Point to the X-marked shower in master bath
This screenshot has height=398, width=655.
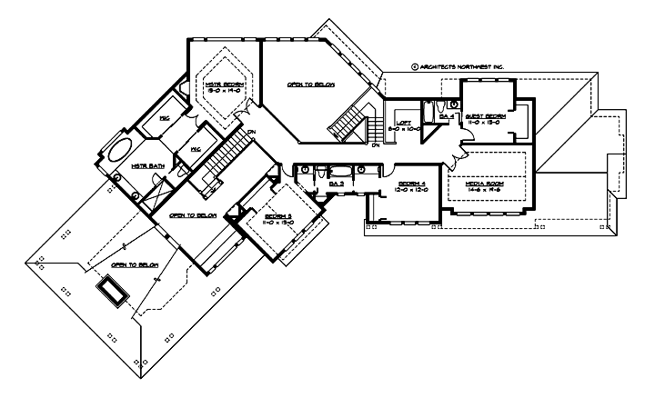[x=156, y=190]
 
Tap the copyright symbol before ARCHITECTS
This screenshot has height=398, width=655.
[x=413, y=66]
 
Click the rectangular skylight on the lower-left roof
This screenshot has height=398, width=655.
[x=112, y=291]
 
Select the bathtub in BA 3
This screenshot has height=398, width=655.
[x=338, y=171]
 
